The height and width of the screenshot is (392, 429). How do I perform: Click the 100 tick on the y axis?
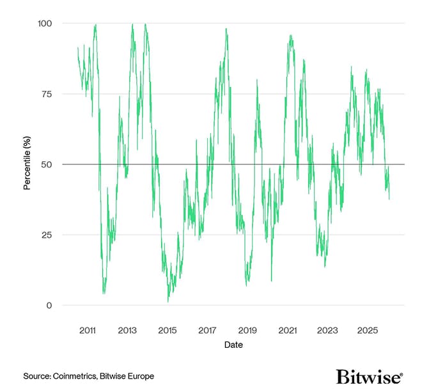pyautogui.click(x=45, y=23)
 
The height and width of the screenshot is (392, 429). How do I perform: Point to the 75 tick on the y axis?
pyautogui.click(x=47, y=93)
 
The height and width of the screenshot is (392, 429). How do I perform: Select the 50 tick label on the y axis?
pyautogui.click(x=47, y=164)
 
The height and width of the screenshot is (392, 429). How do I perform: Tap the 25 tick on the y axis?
pyautogui.click(x=47, y=235)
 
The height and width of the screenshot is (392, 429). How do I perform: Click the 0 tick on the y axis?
pyautogui.click(x=49, y=305)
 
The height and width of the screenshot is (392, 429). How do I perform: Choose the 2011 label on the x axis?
pyautogui.click(x=88, y=331)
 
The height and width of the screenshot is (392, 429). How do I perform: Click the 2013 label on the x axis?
pyautogui.click(x=127, y=331)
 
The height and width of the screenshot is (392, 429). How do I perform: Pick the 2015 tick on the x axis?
pyautogui.click(x=168, y=331)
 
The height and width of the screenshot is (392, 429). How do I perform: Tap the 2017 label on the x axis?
pyautogui.click(x=207, y=331)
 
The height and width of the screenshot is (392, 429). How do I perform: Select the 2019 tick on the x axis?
pyautogui.click(x=247, y=331)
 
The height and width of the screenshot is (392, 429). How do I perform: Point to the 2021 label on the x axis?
pyautogui.click(x=288, y=331)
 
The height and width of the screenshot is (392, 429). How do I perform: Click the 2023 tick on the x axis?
pyautogui.click(x=327, y=331)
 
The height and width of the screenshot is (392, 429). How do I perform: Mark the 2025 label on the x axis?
pyautogui.click(x=368, y=331)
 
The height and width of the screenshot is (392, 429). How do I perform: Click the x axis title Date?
pyautogui.click(x=233, y=345)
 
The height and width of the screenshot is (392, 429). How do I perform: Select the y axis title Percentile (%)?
pyautogui.click(x=27, y=164)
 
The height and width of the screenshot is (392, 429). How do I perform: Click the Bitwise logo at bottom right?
pyautogui.click(x=369, y=375)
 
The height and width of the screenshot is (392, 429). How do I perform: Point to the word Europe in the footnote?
pyautogui.click(x=141, y=376)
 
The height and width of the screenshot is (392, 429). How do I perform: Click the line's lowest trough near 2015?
pyautogui.click(x=168, y=301)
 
